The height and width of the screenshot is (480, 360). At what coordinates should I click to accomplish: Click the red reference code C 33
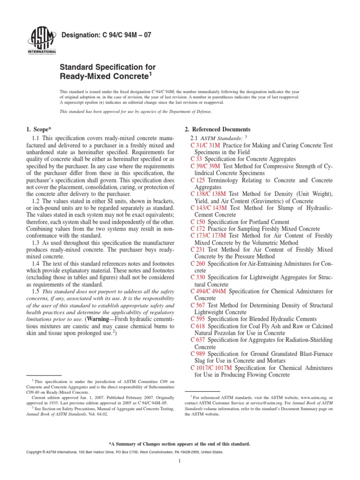197,159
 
